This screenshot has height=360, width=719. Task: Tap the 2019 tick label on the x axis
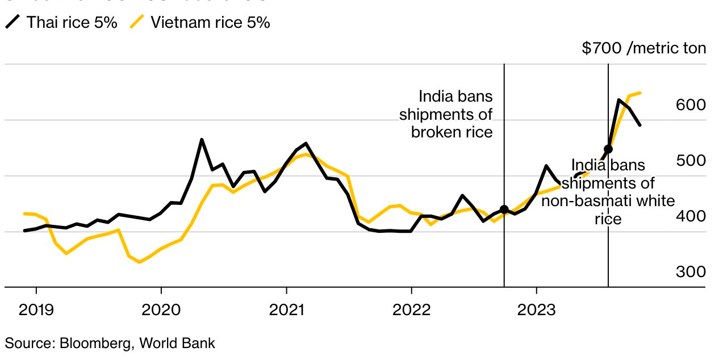(36, 310)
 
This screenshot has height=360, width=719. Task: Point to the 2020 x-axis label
(161, 310)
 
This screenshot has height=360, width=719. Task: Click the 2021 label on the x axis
(286, 310)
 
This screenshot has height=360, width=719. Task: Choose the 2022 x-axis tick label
(411, 310)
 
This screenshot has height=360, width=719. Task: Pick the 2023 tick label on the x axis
(537, 310)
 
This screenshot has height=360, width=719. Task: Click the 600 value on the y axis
(691, 105)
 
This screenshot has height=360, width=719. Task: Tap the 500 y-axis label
(691, 161)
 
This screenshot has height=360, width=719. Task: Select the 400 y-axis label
(691, 216)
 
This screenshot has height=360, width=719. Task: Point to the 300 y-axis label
(691, 272)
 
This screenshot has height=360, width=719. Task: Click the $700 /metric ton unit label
(644, 48)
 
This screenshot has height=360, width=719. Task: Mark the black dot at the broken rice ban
(504, 210)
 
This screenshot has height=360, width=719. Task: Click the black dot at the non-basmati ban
(608, 149)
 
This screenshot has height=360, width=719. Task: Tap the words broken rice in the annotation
(452, 132)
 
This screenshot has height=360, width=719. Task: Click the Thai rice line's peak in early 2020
(202, 140)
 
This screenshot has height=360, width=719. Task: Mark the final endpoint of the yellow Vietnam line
(640, 93)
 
